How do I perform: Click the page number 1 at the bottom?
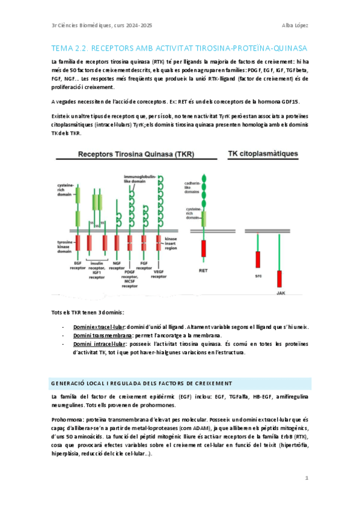coord(307,478)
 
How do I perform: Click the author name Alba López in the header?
coord(294,25)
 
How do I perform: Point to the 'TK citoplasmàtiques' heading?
coord(263,154)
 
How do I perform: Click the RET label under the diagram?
coord(204,271)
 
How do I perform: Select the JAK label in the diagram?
coord(280,293)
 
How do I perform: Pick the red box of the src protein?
coord(258,259)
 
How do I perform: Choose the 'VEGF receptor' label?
coord(159,274)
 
